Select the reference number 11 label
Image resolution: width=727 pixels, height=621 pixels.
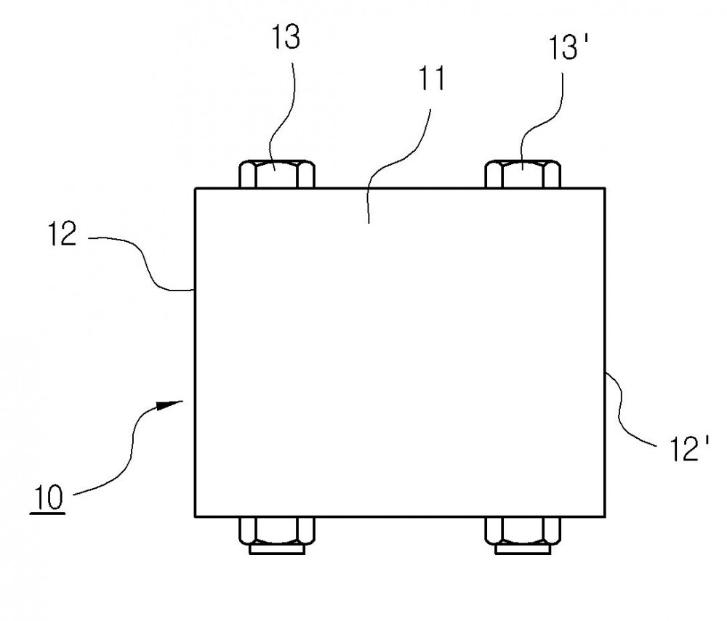pyautogui.click(x=432, y=78)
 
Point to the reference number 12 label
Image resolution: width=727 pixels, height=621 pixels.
pyautogui.click(x=62, y=234)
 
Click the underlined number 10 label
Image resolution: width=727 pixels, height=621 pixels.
pyautogui.click(x=48, y=498)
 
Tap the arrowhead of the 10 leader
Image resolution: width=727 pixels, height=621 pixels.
pyautogui.click(x=169, y=405)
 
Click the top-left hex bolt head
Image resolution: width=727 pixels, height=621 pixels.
pyautogui.click(x=277, y=174)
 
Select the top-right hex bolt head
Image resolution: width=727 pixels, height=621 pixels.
pyautogui.click(x=523, y=174)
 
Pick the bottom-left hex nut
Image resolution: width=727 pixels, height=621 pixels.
pyautogui.click(x=277, y=531)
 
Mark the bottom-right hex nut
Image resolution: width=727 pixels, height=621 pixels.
pyautogui.click(x=523, y=531)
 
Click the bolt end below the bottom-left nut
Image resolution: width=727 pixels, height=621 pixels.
pyautogui.click(x=277, y=549)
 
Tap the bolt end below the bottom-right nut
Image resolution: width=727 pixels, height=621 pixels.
pyautogui.click(x=523, y=549)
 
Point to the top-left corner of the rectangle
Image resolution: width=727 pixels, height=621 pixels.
pyautogui.click(x=195, y=188)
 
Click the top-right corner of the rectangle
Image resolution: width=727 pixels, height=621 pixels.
pyautogui.click(x=605, y=188)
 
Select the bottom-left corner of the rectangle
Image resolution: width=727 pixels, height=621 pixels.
pyautogui.click(x=195, y=516)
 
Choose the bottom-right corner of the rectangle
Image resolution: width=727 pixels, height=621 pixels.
pyautogui.click(x=605, y=516)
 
